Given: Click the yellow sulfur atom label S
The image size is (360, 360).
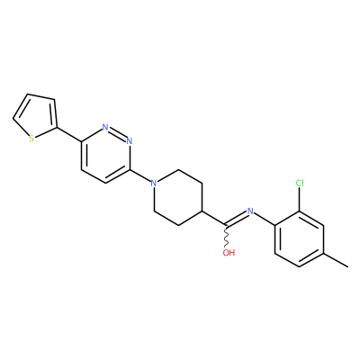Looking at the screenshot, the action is pos(31,139).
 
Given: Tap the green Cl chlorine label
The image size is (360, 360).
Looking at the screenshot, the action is pos(300,183).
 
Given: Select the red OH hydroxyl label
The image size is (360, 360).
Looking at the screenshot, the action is pos(229,253).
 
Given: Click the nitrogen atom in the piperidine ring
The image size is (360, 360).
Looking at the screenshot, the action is pos(154,183).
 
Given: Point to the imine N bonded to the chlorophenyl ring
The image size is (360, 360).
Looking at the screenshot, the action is pos(250,211).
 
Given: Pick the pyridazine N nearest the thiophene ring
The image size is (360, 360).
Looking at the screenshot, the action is pos(105,127).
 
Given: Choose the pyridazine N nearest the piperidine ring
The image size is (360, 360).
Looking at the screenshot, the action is pos(130,140).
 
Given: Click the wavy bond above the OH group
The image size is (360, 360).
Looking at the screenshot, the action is pos(227,237).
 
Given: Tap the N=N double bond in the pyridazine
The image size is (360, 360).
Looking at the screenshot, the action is pos(117,134).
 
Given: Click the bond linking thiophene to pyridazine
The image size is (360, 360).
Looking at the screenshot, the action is pos(69,134).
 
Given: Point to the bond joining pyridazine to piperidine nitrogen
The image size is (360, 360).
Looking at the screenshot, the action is pos(140,176).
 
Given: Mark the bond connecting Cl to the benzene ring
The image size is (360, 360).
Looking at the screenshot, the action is pos(300,200).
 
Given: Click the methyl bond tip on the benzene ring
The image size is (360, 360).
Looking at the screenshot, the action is pos(348,266).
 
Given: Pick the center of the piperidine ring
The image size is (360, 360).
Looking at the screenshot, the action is pos(178,197).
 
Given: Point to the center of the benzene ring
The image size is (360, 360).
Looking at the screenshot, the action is pos(300,239).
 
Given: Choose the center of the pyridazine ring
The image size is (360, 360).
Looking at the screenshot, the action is pos(105,155).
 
